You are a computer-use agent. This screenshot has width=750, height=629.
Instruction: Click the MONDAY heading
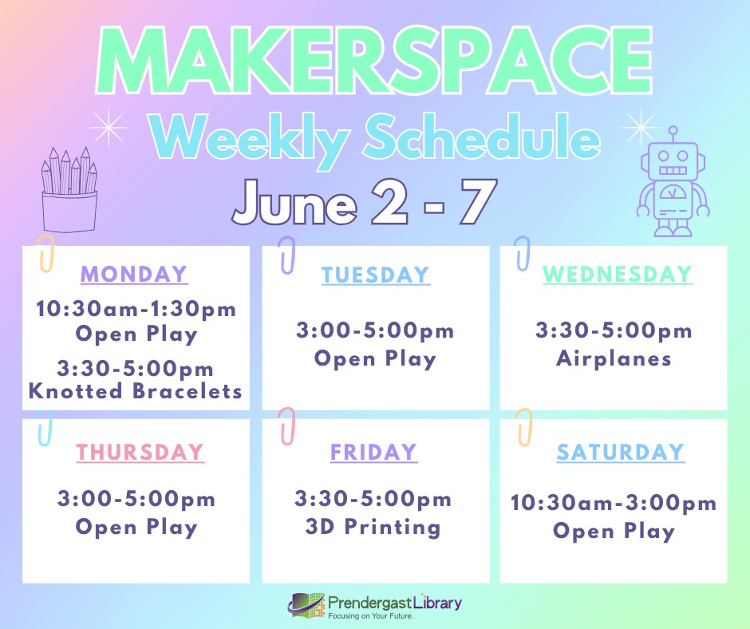(x=134, y=275)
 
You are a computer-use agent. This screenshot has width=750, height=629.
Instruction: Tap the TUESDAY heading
(x=376, y=275)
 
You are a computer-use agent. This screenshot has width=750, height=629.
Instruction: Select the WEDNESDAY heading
(x=618, y=275)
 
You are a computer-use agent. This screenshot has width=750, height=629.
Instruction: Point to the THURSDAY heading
(x=140, y=453)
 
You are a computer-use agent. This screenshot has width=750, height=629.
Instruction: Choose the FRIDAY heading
(x=373, y=453)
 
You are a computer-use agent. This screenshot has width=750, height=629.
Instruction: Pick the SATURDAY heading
(x=621, y=453)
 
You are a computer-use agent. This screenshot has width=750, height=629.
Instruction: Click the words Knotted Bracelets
(x=136, y=391)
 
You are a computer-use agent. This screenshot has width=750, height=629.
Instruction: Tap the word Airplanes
(x=614, y=358)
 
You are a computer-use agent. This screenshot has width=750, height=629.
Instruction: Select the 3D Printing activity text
(x=373, y=527)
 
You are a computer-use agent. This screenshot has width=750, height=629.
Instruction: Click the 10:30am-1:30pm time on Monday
(x=136, y=309)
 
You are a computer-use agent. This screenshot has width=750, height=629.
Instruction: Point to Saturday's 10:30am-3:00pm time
(x=614, y=503)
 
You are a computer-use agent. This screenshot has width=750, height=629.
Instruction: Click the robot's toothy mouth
(x=673, y=170)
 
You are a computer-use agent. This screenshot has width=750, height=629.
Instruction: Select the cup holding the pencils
(x=69, y=212)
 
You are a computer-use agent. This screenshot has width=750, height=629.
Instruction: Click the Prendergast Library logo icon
(x=306, y=606)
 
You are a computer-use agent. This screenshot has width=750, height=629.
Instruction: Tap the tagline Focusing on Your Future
(x=370, y=616)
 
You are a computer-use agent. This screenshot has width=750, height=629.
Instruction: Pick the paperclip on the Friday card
(x=287, y=426)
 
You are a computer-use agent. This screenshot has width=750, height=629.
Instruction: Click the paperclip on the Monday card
(x=45, y=254)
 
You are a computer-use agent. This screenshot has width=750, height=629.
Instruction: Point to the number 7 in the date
(x=478, y=202)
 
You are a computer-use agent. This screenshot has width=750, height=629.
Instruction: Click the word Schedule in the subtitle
(x=482, y=137)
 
